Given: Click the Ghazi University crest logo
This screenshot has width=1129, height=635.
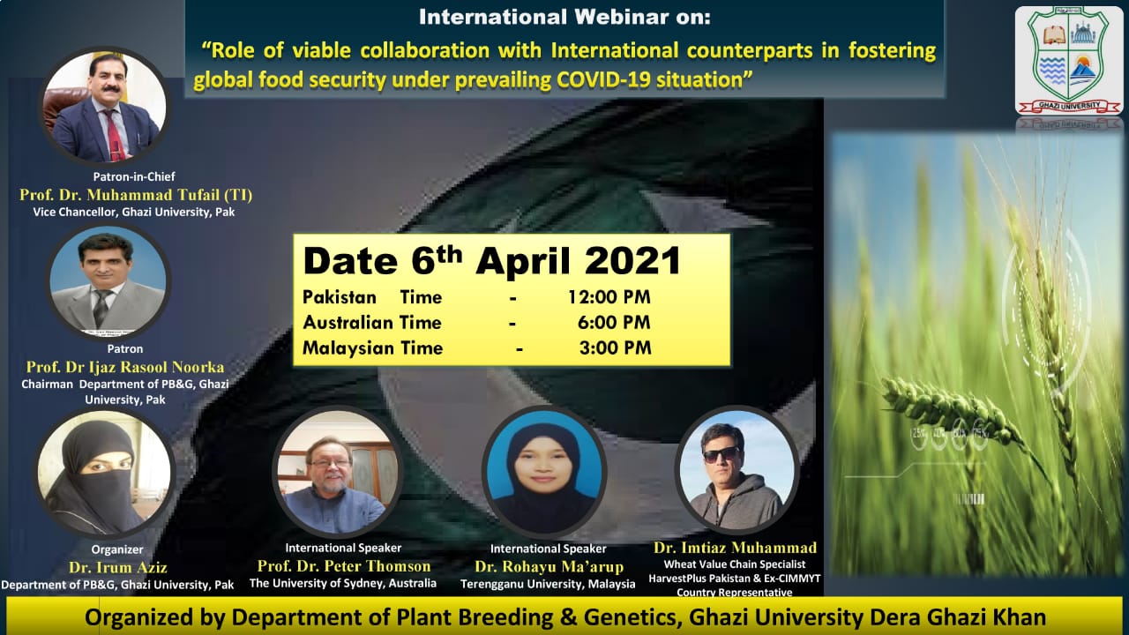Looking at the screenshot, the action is coord(1068,60).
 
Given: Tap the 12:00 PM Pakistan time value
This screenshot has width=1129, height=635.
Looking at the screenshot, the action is coord(609,297).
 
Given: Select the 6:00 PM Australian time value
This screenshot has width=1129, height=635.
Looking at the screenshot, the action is coord(614,322).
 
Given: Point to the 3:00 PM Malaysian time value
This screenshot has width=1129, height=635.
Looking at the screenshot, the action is coord(615,347).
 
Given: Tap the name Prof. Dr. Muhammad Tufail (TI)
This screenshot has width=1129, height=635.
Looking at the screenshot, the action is coord(136,195).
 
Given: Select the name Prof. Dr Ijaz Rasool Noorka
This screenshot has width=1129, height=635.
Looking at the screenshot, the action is coord(125,367).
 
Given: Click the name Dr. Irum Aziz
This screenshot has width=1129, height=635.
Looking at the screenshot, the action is coord(118,567).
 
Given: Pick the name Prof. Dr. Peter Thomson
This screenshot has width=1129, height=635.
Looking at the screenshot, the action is coord(344,566).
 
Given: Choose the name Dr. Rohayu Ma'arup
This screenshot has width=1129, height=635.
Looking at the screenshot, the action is coord(549,567).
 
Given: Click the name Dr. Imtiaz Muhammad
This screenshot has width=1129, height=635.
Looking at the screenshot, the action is coord(735,548).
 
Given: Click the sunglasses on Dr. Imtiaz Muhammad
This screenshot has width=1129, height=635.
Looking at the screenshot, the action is coord(722,455).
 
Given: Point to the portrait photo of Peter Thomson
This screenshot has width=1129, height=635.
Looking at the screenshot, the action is coord(337,471).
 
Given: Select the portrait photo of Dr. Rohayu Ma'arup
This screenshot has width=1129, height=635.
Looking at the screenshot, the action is coord(544,471).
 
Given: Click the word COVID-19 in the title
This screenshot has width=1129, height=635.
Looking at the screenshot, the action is coord(602,79).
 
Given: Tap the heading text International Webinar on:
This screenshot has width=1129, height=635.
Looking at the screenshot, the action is coord(564,17).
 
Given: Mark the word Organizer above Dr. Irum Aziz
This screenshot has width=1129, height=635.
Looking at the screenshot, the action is coord(117,549).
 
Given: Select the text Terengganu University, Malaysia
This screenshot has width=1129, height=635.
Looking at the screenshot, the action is coord(548,584).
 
